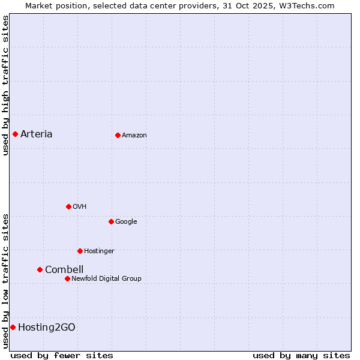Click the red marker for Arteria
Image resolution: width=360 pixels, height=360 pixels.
coord(15,134)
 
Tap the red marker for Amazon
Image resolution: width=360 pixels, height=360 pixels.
coord(118,135)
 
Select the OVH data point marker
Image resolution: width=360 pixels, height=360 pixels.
coord(68,206)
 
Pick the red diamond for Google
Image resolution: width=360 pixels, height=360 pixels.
coord(111,221)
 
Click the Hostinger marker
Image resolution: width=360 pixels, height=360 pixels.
coord(80,251)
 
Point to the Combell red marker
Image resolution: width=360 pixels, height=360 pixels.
coord(40,269)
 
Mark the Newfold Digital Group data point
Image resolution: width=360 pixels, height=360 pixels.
coord(67,278)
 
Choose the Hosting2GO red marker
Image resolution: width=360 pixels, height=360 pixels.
coord(13,327)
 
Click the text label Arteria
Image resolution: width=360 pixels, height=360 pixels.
coord(36,134)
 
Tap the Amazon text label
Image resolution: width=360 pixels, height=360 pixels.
coord(134,135)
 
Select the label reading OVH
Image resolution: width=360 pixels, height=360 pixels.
coord(79,206)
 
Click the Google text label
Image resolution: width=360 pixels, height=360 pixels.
coord(126,221)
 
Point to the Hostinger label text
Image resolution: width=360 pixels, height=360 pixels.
coord(99,251)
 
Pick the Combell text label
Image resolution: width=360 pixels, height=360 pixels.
coord(64,269)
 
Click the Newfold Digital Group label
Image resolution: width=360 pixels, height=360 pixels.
coord(106,278)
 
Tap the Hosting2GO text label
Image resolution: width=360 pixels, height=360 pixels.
coord(46,327)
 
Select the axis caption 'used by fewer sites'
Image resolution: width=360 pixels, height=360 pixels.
coord(62,355)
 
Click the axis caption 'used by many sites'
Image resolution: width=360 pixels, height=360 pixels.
coord(301,355)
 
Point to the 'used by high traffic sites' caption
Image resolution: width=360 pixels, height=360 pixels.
coord(5,85)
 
